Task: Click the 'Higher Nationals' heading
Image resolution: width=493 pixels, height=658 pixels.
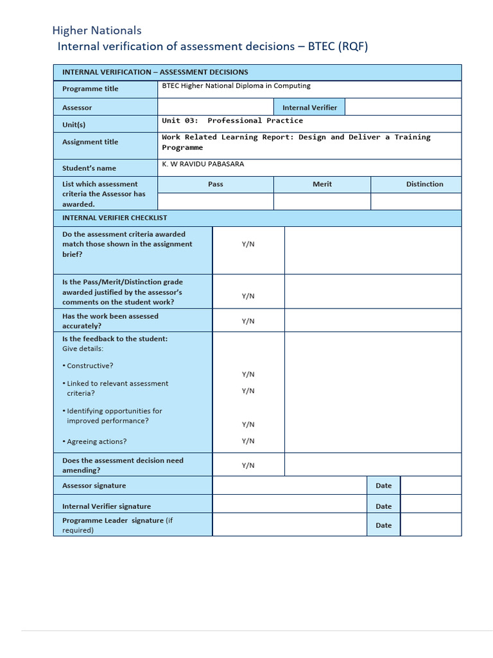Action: tap(96, 30)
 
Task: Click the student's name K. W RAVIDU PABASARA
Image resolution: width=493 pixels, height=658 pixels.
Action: tap(203, 164)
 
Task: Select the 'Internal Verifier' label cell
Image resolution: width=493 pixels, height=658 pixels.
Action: tap(309, 107)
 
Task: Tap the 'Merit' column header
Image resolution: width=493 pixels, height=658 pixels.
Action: tap(322, 184)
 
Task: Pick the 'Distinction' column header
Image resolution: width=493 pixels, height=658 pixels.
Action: tap(424, 184)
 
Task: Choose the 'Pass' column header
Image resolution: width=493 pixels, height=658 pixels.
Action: tap(216, 184)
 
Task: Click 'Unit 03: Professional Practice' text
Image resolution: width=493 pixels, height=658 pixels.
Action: tap(232, 121)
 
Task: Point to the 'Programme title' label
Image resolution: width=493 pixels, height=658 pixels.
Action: tap(90, 89)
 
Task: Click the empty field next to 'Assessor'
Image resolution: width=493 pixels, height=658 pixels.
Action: tap(216, 107)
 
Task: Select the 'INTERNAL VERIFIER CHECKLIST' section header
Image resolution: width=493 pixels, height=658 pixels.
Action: tap(114, 218)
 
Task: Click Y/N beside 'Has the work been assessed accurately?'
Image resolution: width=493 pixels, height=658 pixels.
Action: tap(248, 321)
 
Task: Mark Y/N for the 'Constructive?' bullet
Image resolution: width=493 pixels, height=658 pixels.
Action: tap(248, 374)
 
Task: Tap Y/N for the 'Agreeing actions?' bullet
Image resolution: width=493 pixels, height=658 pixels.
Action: tap(248, 441)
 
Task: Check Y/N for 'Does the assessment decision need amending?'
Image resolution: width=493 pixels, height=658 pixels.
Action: tap(248, 465)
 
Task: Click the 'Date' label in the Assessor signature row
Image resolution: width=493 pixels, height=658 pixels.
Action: tap(383, 486)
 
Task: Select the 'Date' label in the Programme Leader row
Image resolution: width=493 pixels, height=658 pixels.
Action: tap(383, 525)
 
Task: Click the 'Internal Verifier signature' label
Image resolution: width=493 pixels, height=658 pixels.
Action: tap(107, 506)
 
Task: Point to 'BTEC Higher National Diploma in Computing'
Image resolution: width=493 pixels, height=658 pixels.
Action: tap(236, 85)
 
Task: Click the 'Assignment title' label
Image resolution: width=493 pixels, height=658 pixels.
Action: tap(90, 142)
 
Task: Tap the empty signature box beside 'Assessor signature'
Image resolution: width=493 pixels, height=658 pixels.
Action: tap(290, 485)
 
